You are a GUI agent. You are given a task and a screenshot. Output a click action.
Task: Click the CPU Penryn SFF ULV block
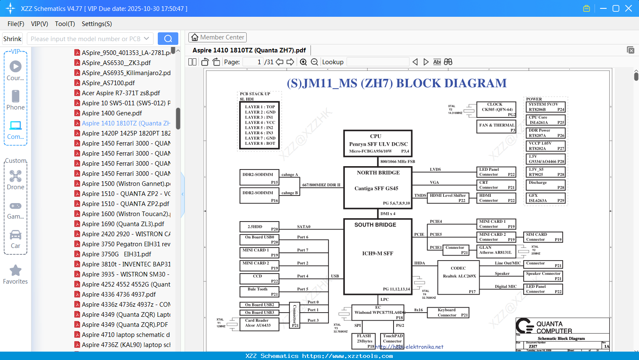[x=378, y=143]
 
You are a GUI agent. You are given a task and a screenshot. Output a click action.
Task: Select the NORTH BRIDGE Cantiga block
[x=378, y=188]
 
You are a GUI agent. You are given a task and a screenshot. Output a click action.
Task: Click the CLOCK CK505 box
[x=496, y=110]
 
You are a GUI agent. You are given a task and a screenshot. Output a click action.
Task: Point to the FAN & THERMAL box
[x=496, y=127]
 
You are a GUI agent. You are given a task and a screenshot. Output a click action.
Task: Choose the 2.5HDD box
[x=259, y=227]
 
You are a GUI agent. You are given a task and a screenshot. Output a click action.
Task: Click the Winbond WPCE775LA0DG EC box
[x=378, y=313]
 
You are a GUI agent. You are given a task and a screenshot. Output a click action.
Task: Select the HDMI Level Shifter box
[x=448, y=198]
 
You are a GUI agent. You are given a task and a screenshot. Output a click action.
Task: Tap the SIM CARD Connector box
[x=544, y=237]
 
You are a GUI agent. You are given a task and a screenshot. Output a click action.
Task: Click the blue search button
[x=168, y=39]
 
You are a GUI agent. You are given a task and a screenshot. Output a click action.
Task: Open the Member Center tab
[x=217, y=37]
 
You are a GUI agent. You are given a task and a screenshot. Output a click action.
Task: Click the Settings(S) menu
[x=97, y=24]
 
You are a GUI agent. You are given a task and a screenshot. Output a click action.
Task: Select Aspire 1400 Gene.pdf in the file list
[x=112, y=113]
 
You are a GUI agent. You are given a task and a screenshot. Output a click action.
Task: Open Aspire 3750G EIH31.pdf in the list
[x=116, y=254]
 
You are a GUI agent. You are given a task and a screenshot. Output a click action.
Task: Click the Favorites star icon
[x=16, y=271]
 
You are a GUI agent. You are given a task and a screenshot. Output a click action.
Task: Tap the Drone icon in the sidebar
[x=16, y=176]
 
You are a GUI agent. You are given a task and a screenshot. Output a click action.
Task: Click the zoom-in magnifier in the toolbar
[x=303, y=62]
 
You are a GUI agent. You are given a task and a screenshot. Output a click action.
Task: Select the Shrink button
[x=12, y=39]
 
